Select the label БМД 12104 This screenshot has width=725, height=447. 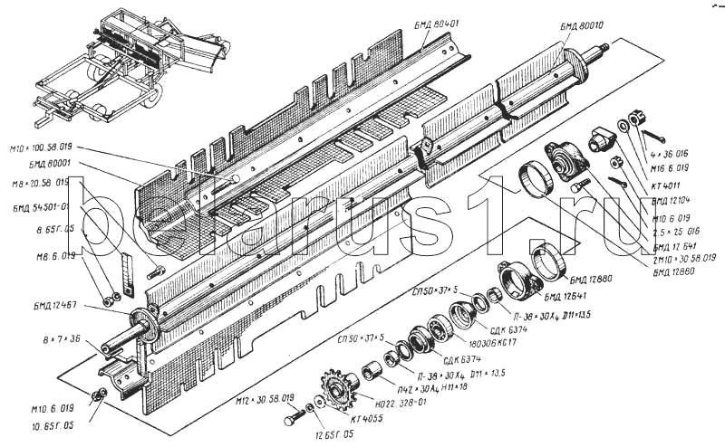[671, 199]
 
